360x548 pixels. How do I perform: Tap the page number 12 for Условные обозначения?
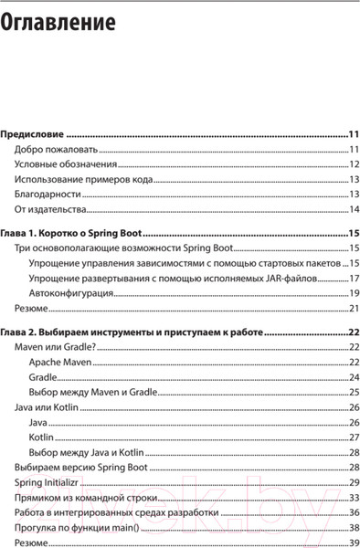pos(355,164)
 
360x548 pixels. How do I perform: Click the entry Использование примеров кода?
pos(83,179)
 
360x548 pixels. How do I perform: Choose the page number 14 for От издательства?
pos(355,209)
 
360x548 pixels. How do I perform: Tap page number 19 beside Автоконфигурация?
pos(355,293)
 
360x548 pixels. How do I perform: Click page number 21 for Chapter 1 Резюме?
pos(355,309)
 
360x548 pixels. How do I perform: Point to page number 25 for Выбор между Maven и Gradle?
pos(355,392)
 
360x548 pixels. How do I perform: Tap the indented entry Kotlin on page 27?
pos(41,437)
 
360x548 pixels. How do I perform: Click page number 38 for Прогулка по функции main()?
pos(355,527)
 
